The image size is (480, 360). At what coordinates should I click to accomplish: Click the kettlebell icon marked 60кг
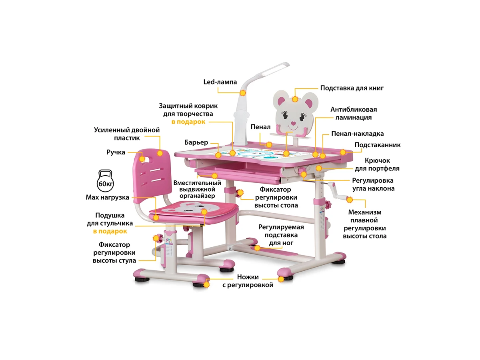104,181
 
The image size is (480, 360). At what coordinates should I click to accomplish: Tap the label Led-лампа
220,82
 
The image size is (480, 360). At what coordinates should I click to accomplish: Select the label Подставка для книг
352,88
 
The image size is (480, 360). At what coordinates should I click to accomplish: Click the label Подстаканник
378,145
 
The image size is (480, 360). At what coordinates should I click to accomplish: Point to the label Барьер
196,142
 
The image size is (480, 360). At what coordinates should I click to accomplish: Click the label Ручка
116,152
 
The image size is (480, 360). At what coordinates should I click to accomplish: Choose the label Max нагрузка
107,197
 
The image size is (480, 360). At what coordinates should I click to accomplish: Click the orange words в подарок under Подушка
110,231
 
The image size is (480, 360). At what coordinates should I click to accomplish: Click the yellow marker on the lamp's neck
242,93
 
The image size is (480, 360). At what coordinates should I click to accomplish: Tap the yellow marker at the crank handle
350,199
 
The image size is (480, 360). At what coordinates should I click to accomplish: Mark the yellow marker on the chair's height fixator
156,238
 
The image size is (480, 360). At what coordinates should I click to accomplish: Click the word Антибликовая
354,110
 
